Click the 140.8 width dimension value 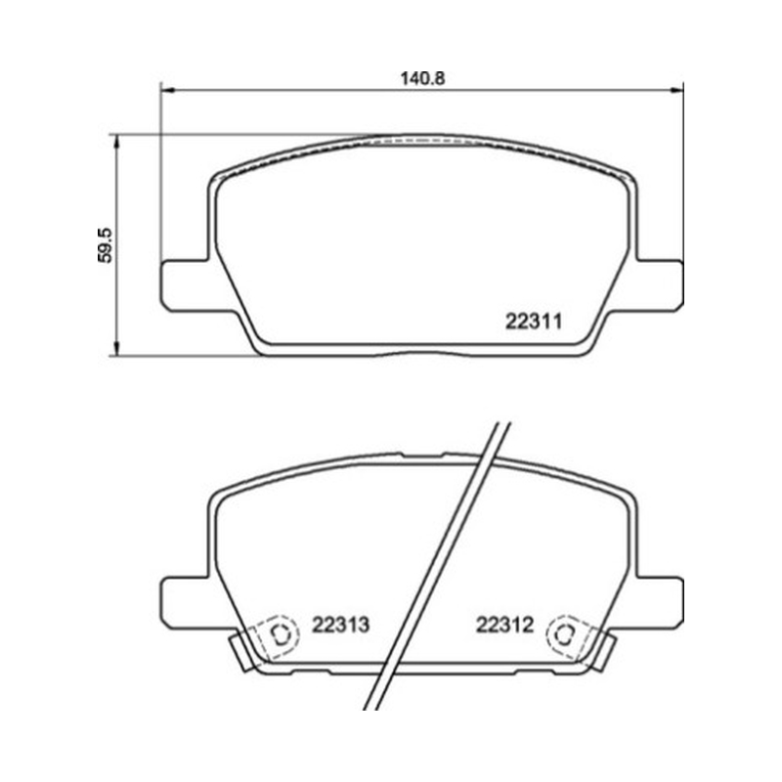point(422,78)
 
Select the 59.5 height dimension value point(106,245)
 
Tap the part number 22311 point(534,322)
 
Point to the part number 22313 point(340,625)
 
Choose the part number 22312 point(504,625)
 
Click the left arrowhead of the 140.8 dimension point(167,90)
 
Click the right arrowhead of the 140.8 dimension point(676,90)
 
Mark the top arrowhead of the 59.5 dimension point(117,141)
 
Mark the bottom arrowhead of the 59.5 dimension point(117,349)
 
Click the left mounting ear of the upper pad point(186,285)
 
